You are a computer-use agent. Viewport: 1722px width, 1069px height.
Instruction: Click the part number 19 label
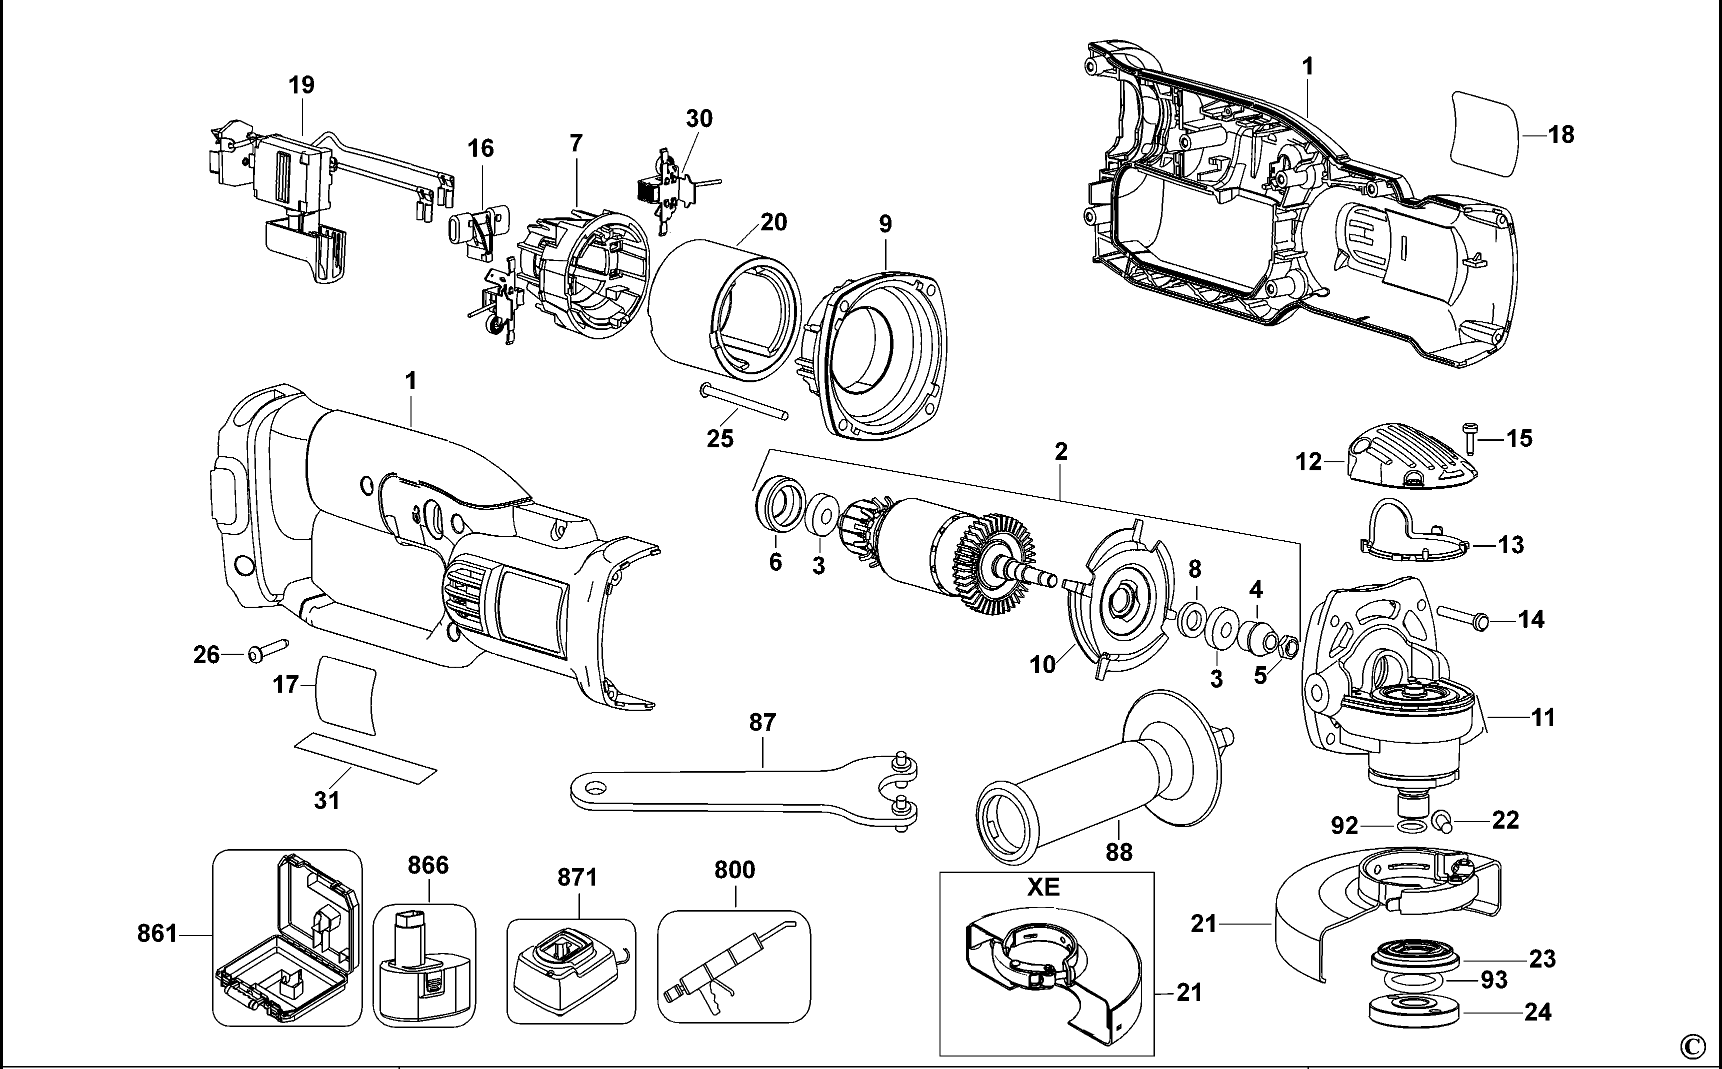301,85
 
